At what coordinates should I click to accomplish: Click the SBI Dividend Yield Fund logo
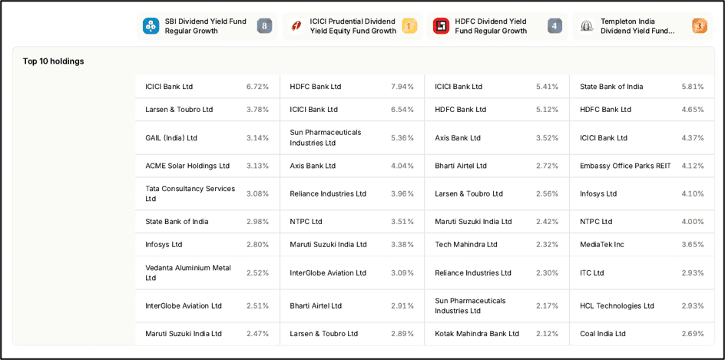(x=151, y=26)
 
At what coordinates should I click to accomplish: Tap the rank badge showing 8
(x=264, y=26)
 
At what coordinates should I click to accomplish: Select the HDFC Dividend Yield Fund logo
(x=441, y=26)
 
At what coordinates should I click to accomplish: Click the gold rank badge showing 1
(x=409, y=26)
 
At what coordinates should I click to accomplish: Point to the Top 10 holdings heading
(x=54, y=61)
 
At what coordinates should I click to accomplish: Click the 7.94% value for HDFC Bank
(x=402, y=87)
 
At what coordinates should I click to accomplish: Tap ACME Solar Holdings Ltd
(x=187, y=166)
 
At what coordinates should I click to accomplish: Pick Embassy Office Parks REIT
(x=625, y=166)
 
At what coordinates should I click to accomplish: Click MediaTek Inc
(x=602, y=244)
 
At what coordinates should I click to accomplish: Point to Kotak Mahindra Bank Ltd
(x=477, y=334)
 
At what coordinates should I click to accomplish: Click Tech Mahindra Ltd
(x=466, y=244)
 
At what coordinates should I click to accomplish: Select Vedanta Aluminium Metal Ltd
(x=188, y=272)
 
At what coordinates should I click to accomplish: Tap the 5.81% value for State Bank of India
(x=693, y=87)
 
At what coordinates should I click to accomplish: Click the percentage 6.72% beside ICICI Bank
(x=257, y=87)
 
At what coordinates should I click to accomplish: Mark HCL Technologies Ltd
(x=617, y=306)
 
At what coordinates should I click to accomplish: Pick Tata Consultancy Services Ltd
(x=190, y=193)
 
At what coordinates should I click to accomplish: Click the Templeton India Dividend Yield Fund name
(x=637, y=26)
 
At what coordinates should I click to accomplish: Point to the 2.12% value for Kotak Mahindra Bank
(x=548, y=334)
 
